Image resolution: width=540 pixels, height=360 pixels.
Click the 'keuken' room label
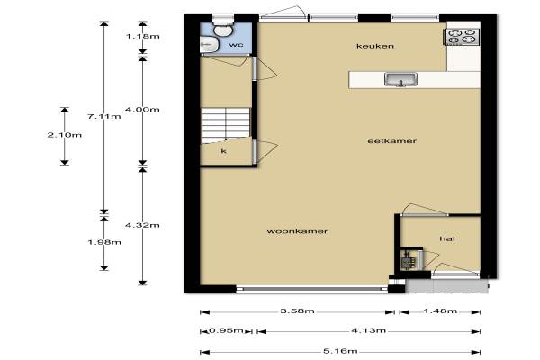click(x=375, y=46)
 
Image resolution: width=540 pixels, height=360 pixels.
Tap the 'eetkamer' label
click(x=391, y=141)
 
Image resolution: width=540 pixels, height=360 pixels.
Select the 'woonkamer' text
click(x=297, y=231)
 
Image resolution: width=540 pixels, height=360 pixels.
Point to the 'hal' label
click(x=447, y=238)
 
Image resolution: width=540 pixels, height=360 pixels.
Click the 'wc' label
click(x=236, y=45)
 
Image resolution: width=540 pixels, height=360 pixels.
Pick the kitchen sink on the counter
click(x=400, y=79)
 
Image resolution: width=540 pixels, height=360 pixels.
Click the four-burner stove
click(x=462, y=37)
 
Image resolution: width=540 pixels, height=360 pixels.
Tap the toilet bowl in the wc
click(x=222, y=29)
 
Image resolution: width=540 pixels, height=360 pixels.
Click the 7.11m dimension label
click(x=104, y=116)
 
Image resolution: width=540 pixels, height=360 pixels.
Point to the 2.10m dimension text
click(x=65, y=135)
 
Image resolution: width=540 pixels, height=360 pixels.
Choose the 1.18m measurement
click(x=143, y=36)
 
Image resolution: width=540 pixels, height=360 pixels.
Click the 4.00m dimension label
click(x=142, y=110)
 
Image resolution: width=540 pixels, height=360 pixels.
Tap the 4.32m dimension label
click(x=142, y=225)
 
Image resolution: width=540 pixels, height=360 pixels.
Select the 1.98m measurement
click(x=104, y=242)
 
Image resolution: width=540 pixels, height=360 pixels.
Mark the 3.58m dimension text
click(x=297, y=310)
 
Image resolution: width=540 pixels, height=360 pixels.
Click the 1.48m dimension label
click(x=440, y=311)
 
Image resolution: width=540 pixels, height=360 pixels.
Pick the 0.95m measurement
click(x=226, y=330)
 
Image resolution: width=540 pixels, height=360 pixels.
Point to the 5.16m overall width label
click(x=340, y=351)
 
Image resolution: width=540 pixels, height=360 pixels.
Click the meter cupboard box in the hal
click(x=411, y=259)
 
